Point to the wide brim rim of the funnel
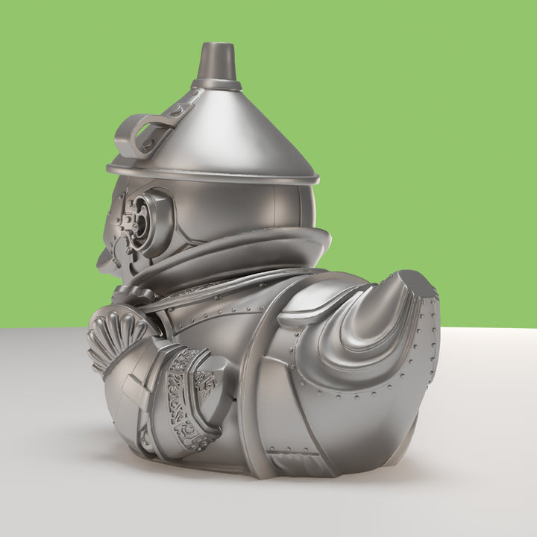[x=216, y=177]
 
